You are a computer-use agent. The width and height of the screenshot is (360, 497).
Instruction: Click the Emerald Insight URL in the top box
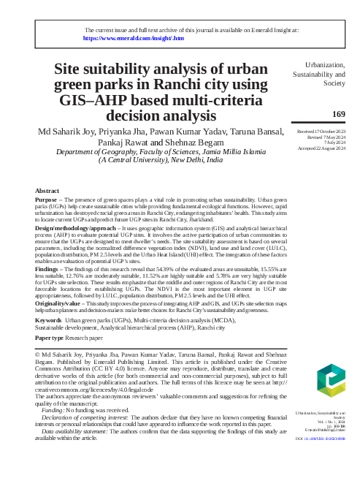(122, 37)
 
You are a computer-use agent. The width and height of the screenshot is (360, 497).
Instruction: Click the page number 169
(338, 113)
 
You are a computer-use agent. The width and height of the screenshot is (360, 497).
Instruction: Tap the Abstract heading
(47, 189)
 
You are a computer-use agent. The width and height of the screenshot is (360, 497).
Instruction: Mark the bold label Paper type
(53, 339)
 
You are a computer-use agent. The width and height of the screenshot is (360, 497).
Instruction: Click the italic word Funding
(53, 411)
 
